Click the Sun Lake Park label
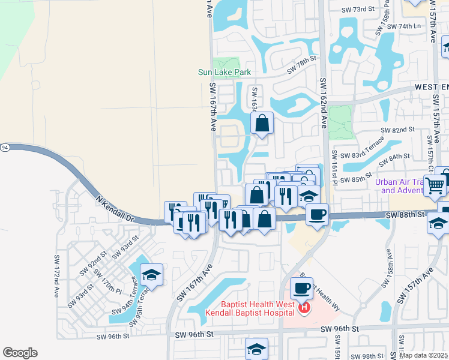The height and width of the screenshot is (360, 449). point(224,73)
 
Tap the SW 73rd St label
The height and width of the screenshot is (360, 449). point(358,10)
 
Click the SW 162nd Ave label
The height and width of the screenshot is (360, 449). point(324,103)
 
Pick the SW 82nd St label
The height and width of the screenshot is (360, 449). point(398,130)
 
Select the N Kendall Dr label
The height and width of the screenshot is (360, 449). point(113,206)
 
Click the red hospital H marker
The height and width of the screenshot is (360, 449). point(304,308)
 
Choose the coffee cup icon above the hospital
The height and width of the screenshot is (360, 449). point(301,288)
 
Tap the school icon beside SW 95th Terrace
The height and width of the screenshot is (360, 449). point(151,275)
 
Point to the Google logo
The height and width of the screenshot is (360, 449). point(20,353)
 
